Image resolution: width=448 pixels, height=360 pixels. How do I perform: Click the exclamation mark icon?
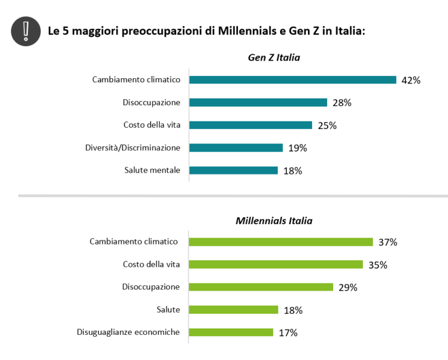pos(25,30)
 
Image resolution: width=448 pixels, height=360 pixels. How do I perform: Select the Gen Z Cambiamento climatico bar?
pos(292,80)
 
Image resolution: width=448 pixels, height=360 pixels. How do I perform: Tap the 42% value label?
pos(411,81)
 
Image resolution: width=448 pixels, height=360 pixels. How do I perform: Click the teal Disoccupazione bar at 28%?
pos(258,103)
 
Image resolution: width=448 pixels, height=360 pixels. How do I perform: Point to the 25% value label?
pos(327,125)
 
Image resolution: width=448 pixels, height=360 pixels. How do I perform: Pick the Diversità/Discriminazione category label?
pos(132,148)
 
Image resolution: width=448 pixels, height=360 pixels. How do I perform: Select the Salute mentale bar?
pos(233,170)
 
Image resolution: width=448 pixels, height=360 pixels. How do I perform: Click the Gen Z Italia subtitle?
pos(274,57)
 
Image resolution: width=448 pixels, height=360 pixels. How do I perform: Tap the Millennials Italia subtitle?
pos(274,221)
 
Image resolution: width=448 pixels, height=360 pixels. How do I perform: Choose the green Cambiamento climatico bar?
pos(281,242)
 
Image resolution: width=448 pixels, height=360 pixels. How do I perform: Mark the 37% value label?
pos(387,242)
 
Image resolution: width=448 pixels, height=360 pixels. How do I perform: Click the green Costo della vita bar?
pos(276,264)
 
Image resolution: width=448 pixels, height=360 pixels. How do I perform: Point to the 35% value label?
pos(377,265)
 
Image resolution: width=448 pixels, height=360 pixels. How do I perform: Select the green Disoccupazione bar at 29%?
pos(261,287)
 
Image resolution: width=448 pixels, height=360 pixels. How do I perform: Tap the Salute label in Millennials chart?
pos(168,309)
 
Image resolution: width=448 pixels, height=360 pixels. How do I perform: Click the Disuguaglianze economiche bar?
pos(231,332)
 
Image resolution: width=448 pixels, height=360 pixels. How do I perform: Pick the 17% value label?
pos(288,333)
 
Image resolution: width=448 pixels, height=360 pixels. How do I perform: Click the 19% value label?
pos(297,148)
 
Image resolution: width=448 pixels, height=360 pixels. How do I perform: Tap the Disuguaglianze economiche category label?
pos(128,332)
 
